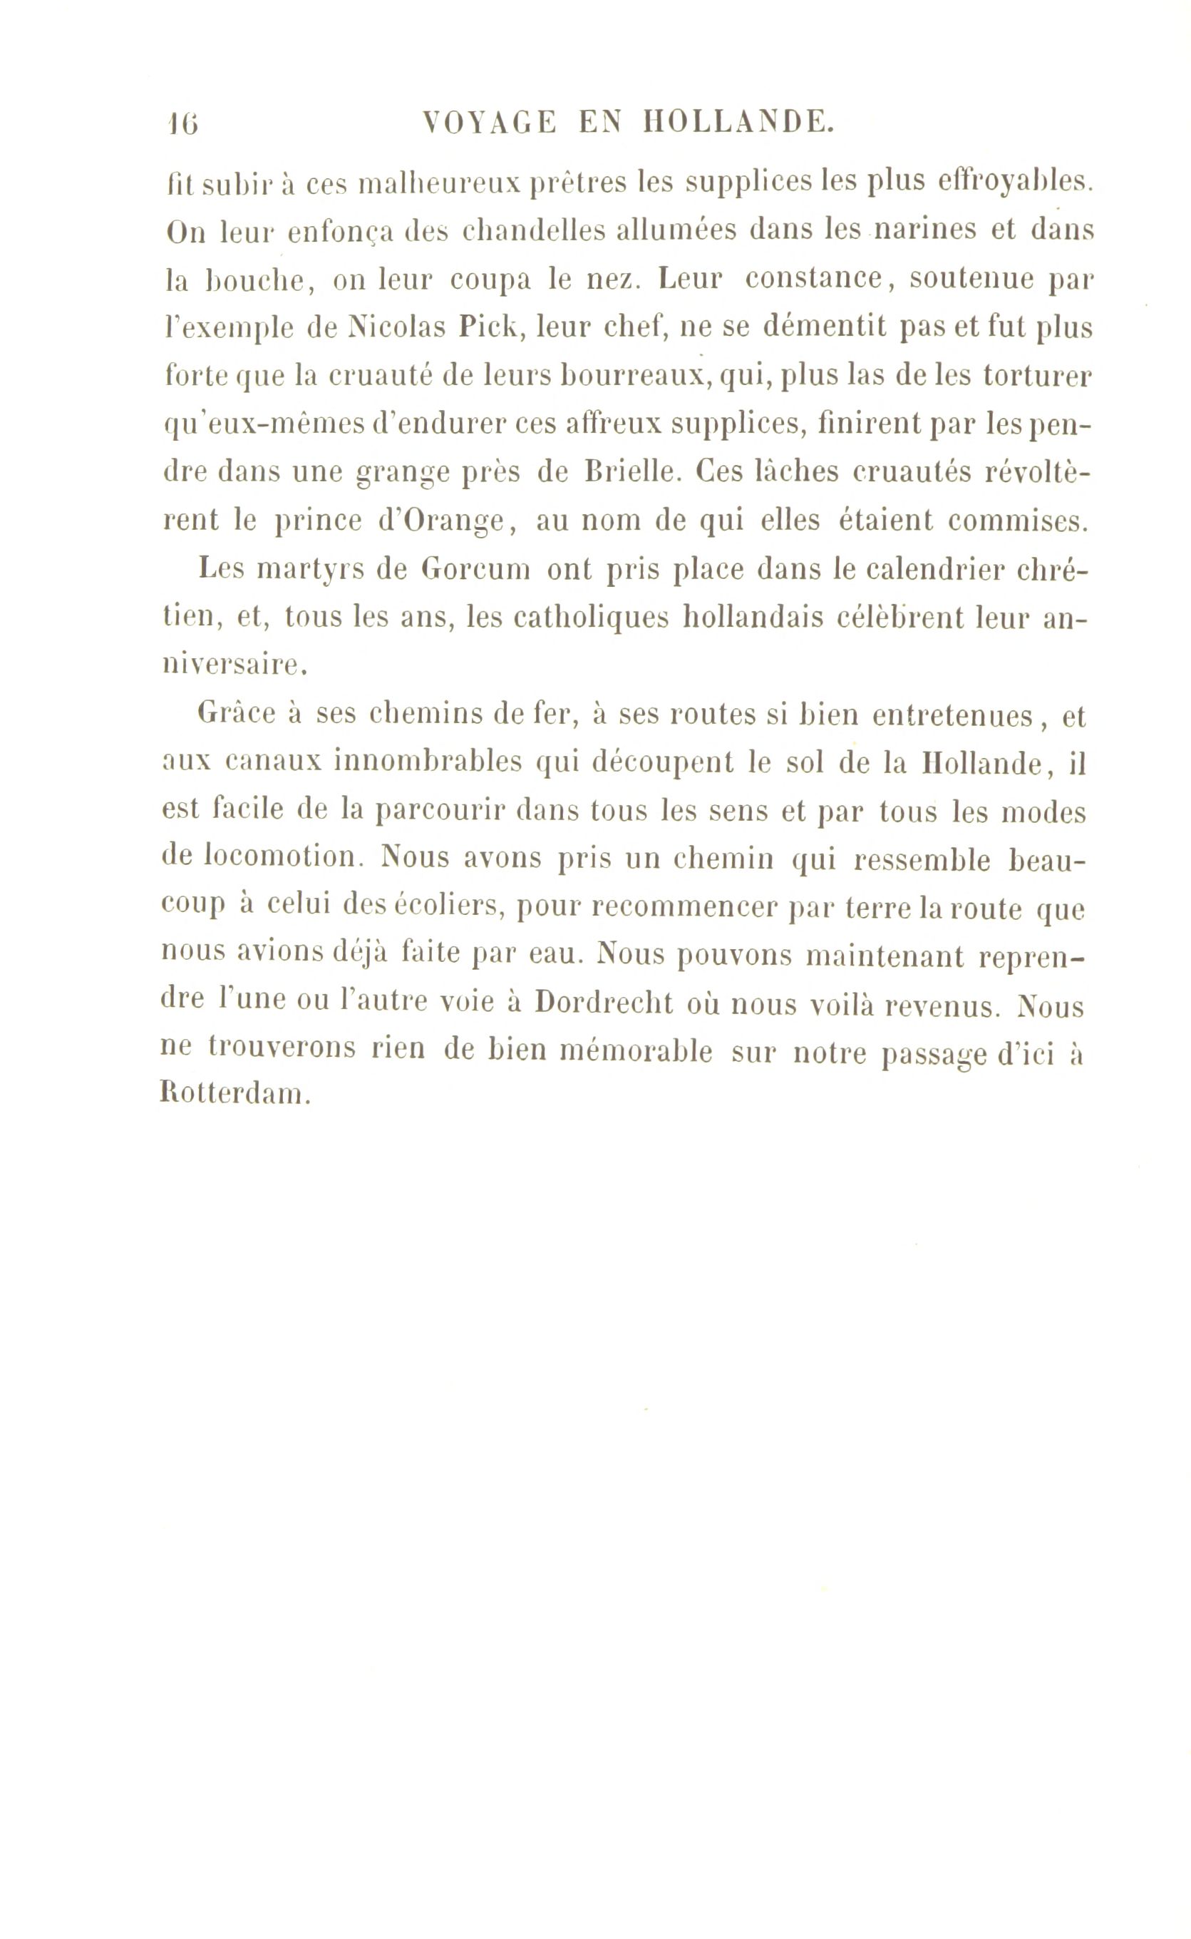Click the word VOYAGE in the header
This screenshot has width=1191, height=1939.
489,123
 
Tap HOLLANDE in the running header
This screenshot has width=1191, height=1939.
737,123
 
